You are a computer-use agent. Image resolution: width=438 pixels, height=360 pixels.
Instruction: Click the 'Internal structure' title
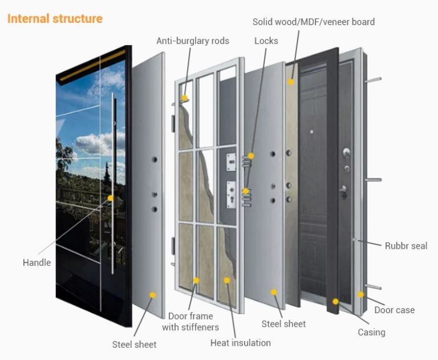click(55, 18)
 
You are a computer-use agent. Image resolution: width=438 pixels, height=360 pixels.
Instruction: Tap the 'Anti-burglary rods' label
click(193, 41)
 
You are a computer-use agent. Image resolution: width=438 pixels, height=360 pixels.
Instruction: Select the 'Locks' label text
click(266, 41)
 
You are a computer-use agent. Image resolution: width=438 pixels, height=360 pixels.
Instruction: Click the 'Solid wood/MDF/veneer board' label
click(314, 22)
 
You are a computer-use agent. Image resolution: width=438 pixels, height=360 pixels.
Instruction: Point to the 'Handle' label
click(37, 262)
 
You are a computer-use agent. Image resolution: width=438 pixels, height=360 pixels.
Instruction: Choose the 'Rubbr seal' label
click(405, 246)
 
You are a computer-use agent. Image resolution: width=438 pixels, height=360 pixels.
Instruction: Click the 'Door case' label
click(394, 310)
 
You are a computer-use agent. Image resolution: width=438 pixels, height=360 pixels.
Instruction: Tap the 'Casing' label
click(371, 332)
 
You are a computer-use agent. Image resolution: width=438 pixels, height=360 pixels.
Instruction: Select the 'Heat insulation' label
click(240, 343)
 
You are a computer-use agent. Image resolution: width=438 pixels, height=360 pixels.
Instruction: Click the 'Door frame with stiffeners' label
click(190, 321)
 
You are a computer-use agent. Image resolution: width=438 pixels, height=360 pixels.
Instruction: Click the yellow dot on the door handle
click(111, 198)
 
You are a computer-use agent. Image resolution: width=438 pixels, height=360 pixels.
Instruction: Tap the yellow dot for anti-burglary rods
click(185, 98)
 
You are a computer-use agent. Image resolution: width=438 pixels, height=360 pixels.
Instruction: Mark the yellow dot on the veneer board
click(290, 82)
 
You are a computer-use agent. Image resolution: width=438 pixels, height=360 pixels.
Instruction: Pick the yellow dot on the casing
click(335, 301)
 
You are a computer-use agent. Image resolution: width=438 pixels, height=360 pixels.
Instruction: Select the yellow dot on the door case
click(360, 294)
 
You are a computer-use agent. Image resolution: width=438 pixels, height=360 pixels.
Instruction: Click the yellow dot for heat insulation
click(226, 280)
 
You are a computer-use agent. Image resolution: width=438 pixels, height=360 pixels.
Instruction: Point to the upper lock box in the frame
click(231, 162)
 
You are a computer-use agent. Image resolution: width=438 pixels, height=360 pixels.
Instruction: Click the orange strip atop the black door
click(91, 64)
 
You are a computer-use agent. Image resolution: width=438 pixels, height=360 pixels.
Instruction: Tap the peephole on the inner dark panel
click(311, 132)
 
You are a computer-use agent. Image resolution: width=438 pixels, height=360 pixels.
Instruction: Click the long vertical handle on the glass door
click(115, 183)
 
